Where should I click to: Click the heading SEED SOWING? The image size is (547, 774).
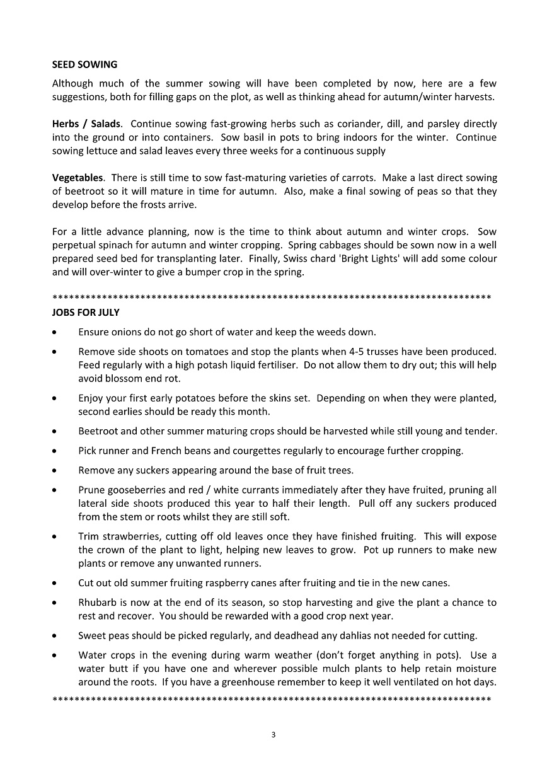tap(84, 64)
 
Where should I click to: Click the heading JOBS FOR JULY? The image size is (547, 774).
tap(86, 312)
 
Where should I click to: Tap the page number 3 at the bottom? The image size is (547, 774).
tap(273, 734)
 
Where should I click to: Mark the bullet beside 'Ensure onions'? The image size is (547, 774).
tap(57, 332)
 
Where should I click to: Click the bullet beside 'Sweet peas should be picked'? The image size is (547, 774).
tap(57, 636)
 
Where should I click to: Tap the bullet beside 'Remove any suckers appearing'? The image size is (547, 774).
tap(57, 471)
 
